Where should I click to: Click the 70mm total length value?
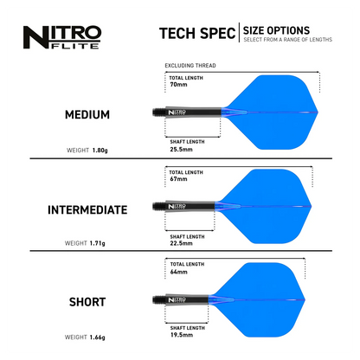[179, 85]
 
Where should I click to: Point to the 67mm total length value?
[179, 181]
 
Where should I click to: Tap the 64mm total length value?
[179, 272]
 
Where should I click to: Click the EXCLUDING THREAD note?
[190, 65]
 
